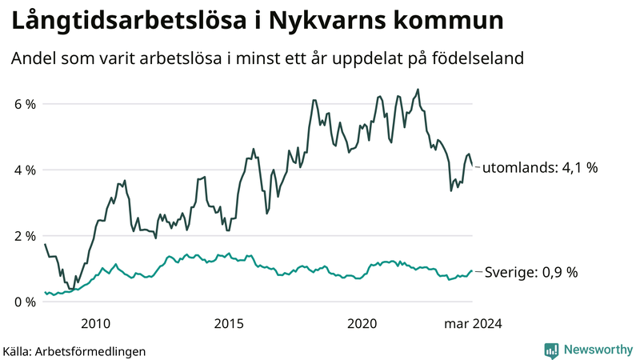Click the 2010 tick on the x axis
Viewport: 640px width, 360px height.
[95, 323]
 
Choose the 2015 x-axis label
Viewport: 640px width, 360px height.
[229, 323]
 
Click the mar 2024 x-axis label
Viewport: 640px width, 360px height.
[473, 323]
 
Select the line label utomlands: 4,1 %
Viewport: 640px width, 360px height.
[540, 168]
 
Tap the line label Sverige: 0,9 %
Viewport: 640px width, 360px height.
[530, 273]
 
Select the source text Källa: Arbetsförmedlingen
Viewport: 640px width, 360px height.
[74, 350]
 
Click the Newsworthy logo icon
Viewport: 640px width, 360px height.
[551, 350]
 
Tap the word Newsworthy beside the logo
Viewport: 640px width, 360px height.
[597, 350]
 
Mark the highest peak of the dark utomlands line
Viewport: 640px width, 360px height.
[418, 90]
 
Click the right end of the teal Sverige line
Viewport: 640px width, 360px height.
[472, 271]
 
